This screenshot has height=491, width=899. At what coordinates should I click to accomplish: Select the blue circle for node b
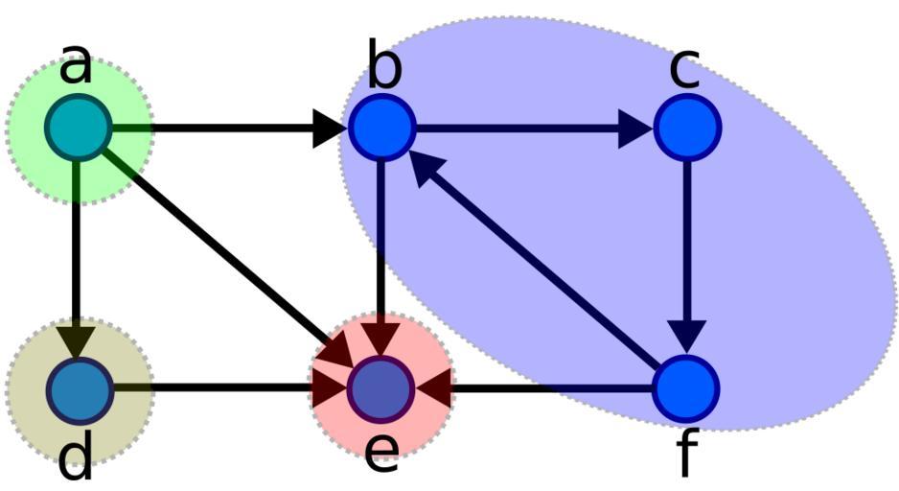pyautogui.click(x=381, y=128)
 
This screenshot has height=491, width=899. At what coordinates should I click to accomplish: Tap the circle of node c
pyautogui.click(x=687, y=128)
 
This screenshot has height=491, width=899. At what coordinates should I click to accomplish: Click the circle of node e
pyautogui.click(x=381, y=389)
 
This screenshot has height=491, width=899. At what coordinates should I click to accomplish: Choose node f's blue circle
pyautogui.click(x=687, y=389)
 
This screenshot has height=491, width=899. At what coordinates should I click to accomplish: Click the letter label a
pyautogui.click(x=77, y=65)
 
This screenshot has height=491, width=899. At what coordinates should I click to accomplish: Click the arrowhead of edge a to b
pyautogui.click(x=329, y=128)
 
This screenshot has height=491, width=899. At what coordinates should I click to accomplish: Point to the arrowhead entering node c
pyautogui.click(x=634, y=128)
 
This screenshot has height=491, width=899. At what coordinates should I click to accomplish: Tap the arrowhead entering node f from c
pyautogui.click(x=687, y=337)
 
